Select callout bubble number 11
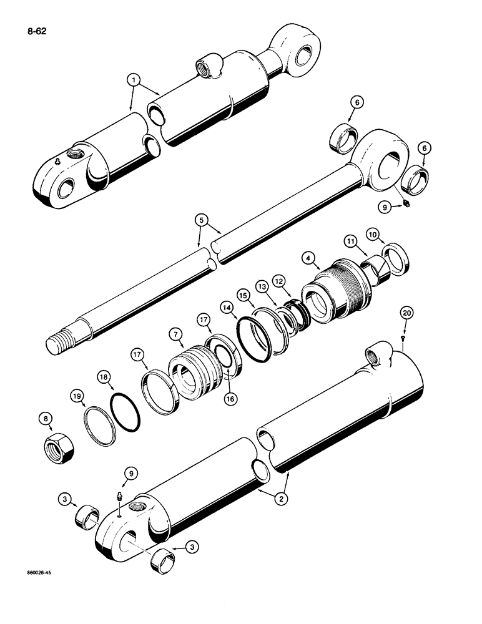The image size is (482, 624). (x=350, y=240)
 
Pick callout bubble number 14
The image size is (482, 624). (x=225, y=307)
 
